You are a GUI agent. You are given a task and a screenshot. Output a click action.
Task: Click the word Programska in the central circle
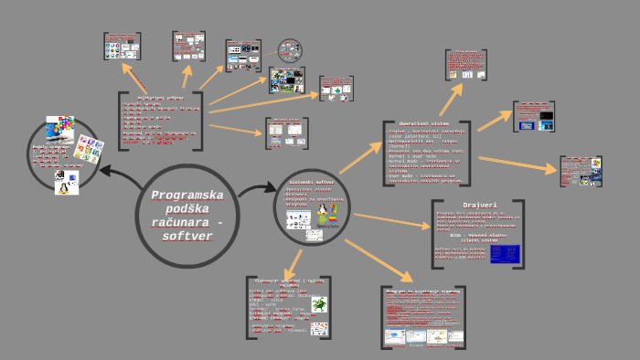coord(187,195)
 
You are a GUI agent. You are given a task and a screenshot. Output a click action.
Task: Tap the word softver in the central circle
coord(187,236)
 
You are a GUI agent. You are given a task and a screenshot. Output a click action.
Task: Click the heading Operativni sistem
coord(424,123)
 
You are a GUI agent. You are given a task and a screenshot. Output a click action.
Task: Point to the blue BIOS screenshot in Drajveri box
coord(505,253)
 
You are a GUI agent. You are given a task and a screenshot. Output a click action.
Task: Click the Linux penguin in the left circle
coord(67,183)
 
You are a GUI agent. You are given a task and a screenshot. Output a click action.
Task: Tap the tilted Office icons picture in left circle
coord(90,149)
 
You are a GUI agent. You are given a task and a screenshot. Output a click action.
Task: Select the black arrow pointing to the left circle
coord(117,173)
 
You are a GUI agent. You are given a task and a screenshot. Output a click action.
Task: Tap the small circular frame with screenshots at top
coord(290,49)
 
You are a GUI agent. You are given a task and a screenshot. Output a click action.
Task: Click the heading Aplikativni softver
coord(160,97)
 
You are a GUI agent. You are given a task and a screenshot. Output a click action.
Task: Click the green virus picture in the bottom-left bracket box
coord(319,303)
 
